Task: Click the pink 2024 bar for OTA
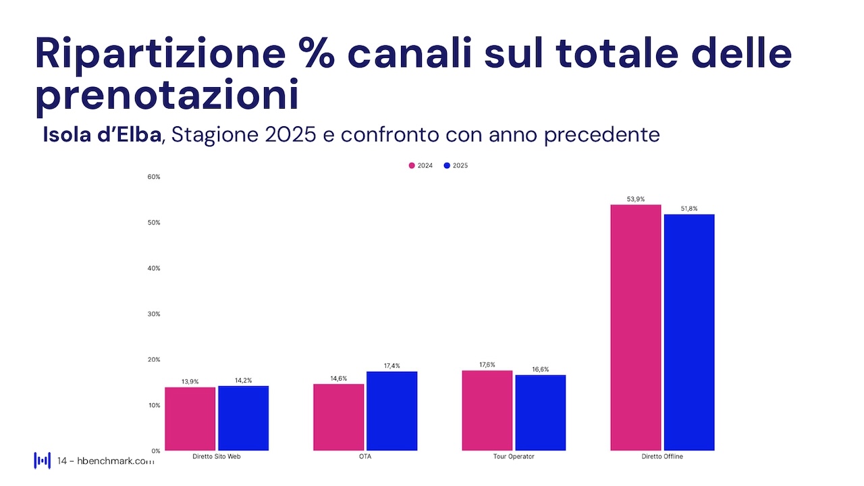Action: [338, 417]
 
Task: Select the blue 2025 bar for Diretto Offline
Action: [688, 332]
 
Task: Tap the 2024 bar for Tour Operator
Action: [487, 410]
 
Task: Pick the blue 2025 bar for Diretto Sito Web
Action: [243, 418]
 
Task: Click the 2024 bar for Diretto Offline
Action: [635, 327]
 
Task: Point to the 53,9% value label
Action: [636, 199]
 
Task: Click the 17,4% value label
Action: [391, 366]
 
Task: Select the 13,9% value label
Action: [190, 381]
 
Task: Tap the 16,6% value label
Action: [540, 369]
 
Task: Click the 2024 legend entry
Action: [421, 165]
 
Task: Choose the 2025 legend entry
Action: [456, 165]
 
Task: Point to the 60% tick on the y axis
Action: [153, 177]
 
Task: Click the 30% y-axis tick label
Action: [153, 314]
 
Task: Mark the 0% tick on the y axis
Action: [155, 450]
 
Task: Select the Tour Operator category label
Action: [514, 457]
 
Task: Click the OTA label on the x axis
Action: [365, 457]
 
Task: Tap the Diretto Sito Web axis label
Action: [217, 457]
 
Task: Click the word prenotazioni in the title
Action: [167, 97]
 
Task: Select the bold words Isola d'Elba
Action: [102, 134]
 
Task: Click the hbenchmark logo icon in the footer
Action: [43, 460]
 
